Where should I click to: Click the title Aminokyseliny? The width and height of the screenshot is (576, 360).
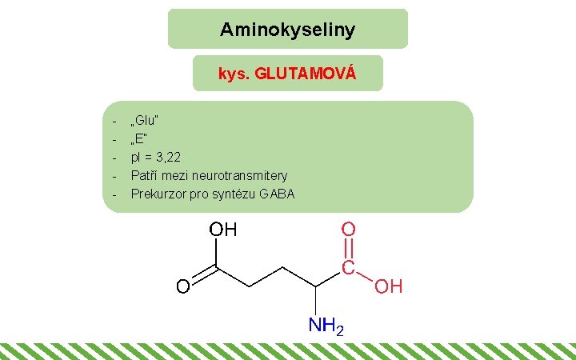coord(287,30)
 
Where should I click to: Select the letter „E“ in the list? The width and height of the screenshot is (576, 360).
coord(139,138)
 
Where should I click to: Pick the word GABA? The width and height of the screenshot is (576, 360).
coord(277,194)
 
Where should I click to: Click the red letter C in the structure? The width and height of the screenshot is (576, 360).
coord(349,267)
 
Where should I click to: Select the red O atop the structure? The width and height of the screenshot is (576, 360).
coord(349,229)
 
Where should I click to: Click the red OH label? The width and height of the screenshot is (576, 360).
coord(389,286)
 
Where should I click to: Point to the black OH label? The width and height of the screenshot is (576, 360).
coord(223,230)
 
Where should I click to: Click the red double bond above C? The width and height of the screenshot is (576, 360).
coord(349,248)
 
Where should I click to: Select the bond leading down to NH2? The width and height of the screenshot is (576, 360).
coord(318,302)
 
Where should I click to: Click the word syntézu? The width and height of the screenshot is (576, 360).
coord(233,194)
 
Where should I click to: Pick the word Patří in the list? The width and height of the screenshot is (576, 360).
coord(145,175)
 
